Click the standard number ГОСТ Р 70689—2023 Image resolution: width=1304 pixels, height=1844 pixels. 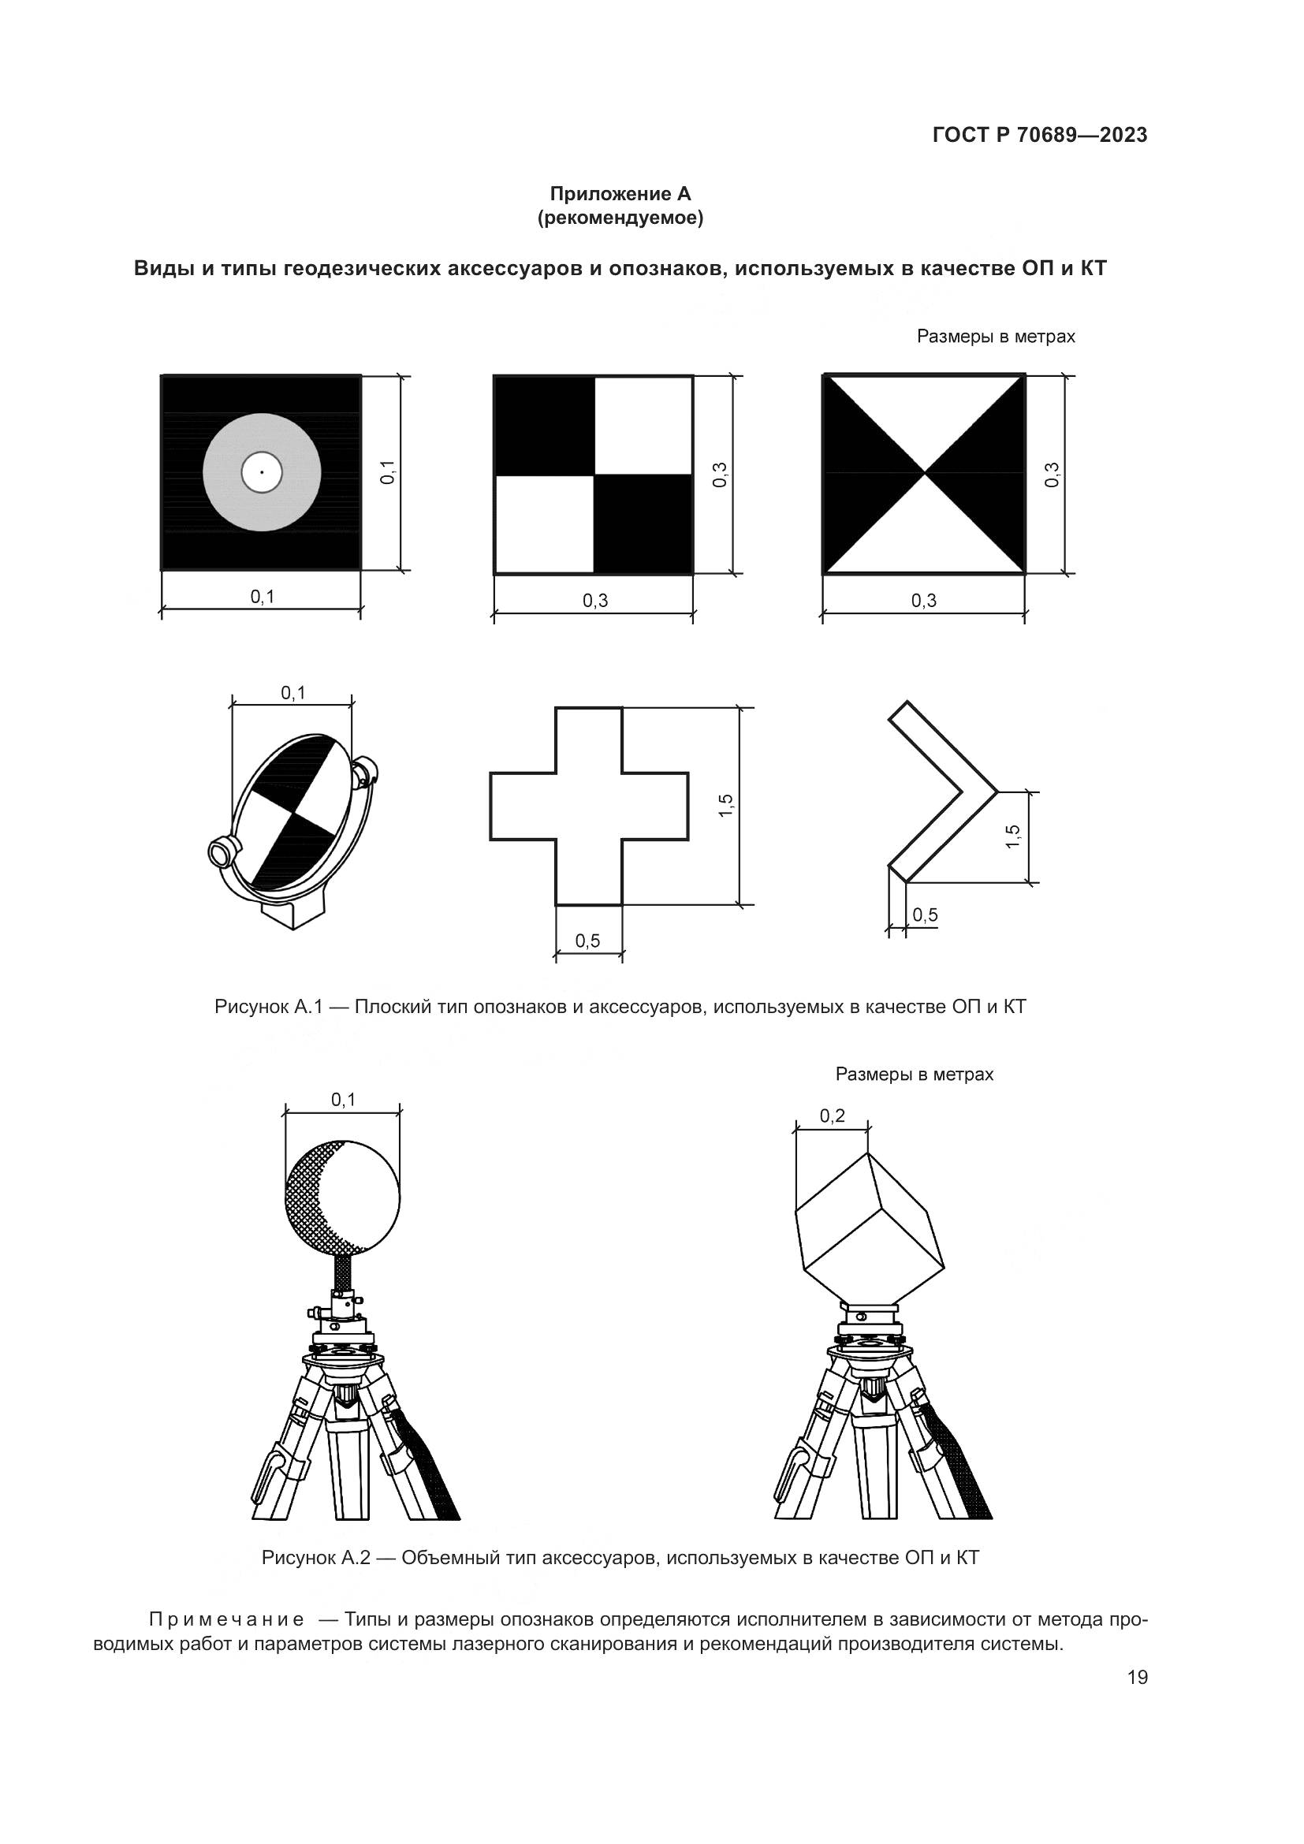pos(1040,135)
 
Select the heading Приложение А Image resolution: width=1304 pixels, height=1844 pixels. pos(620,194)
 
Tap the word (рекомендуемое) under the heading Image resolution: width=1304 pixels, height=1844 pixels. pos(620,218)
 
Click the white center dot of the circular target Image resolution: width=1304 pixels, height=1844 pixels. pos(262,472)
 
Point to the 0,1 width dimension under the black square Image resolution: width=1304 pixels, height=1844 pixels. pos(263,596)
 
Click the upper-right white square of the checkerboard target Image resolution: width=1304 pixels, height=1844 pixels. pos(643,426)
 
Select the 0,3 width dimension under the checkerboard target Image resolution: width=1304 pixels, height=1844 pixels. pos(595,600)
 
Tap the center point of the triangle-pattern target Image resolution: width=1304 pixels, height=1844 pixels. pos(925,473)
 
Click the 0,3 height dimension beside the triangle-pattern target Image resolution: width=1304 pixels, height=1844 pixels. pos(1052,475)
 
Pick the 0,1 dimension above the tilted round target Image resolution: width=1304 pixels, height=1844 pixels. pos(293,693)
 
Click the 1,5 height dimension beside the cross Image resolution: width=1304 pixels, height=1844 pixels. pos(726,806)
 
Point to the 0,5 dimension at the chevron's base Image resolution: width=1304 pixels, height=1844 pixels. pos(925,915)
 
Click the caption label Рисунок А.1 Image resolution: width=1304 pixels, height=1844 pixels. pos(268,1007)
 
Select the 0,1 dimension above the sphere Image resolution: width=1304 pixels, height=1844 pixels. pos(344,1100)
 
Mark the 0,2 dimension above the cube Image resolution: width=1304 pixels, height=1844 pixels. pos(833,1116)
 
